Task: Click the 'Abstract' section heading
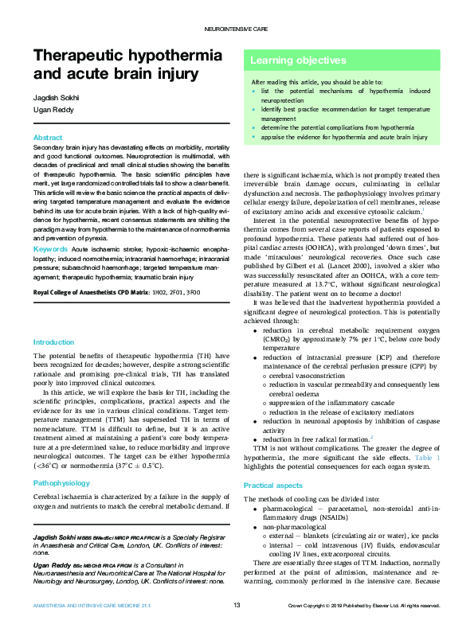[48, 138]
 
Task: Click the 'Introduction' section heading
[53, 342]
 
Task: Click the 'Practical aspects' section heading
[273, 485]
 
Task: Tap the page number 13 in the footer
[237, 606]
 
